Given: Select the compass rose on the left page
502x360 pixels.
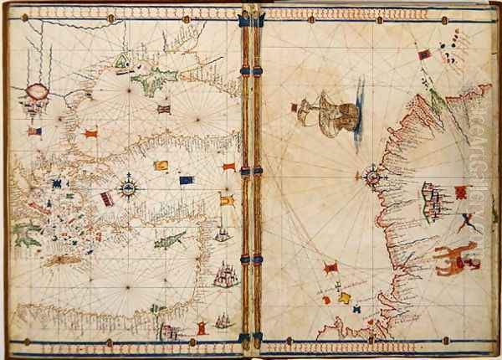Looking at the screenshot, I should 128,187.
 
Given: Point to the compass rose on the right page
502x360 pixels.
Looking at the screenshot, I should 372,177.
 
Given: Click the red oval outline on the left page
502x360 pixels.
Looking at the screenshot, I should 37,91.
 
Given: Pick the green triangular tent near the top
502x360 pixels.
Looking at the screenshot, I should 122,60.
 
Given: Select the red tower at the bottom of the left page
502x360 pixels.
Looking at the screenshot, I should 201,327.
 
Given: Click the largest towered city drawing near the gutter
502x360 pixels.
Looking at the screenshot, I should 224,274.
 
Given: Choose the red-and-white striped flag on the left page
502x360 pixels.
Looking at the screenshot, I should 107,198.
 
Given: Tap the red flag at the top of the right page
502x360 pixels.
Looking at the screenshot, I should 425,54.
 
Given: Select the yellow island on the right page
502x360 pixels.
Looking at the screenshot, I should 344,296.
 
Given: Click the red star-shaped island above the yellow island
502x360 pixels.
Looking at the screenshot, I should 331,268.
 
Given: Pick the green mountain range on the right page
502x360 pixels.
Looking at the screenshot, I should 438,102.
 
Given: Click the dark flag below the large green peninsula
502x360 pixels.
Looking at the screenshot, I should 163,109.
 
